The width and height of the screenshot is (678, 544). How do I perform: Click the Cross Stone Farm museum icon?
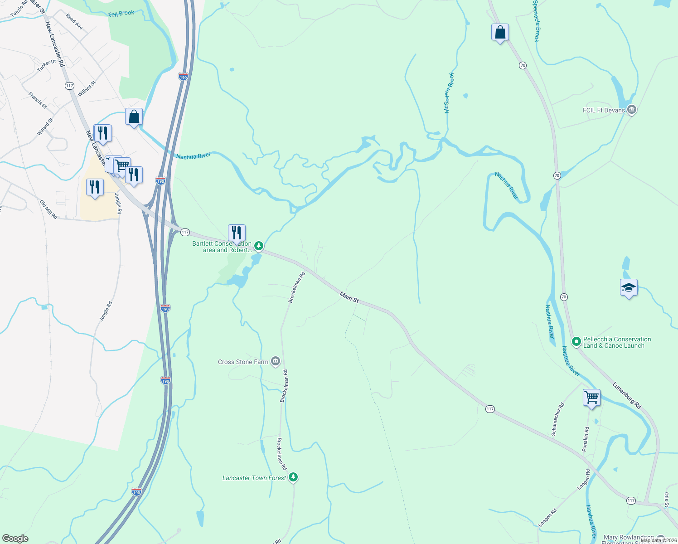(x=275, y=361)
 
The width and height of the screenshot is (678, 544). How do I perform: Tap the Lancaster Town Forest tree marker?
(x=293, y=477)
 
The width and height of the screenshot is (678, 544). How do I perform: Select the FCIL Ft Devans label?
(x=604, y=110)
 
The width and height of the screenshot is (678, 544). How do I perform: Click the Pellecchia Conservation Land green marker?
(x=576, y=342)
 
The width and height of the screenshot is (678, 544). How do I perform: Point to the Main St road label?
(x=349, y=298)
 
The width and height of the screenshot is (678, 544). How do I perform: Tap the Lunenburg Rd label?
(x=627, y=395)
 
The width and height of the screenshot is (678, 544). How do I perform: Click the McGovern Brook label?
(x=448, y=93)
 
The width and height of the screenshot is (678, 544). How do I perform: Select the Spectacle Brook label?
(x=536, y=21)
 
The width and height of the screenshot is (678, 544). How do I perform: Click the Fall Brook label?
(x=121, y=14)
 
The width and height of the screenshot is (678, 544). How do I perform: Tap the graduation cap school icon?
(x=629, y=288)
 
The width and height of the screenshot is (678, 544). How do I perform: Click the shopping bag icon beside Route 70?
(x=500, y=33)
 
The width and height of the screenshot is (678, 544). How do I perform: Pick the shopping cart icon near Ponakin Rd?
(x=591, y=398)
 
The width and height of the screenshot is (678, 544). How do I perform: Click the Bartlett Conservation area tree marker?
(x=258, y=246)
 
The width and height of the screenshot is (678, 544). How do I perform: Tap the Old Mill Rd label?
(x=48, y=209)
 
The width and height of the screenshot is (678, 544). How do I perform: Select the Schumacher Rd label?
(x=557, y=419)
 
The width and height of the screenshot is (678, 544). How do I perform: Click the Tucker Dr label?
(x=47, y=65)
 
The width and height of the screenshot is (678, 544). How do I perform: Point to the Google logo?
(x=15, y=538)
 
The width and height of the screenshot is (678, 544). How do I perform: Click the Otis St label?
(x=667, y=500)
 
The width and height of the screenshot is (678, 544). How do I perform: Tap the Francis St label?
(x=38, y=100)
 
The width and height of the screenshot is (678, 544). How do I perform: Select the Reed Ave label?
(x=74, y=21)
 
